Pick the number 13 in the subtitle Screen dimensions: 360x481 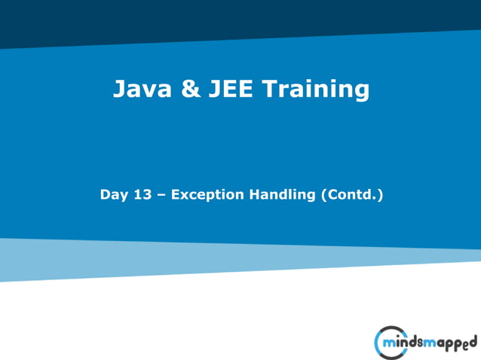tap(143, 194)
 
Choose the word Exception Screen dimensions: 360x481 tap(207, 195)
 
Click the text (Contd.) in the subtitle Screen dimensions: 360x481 tap(352, 195)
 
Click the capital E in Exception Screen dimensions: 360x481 tap(176, 194)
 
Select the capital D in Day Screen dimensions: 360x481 tap(105, 194)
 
